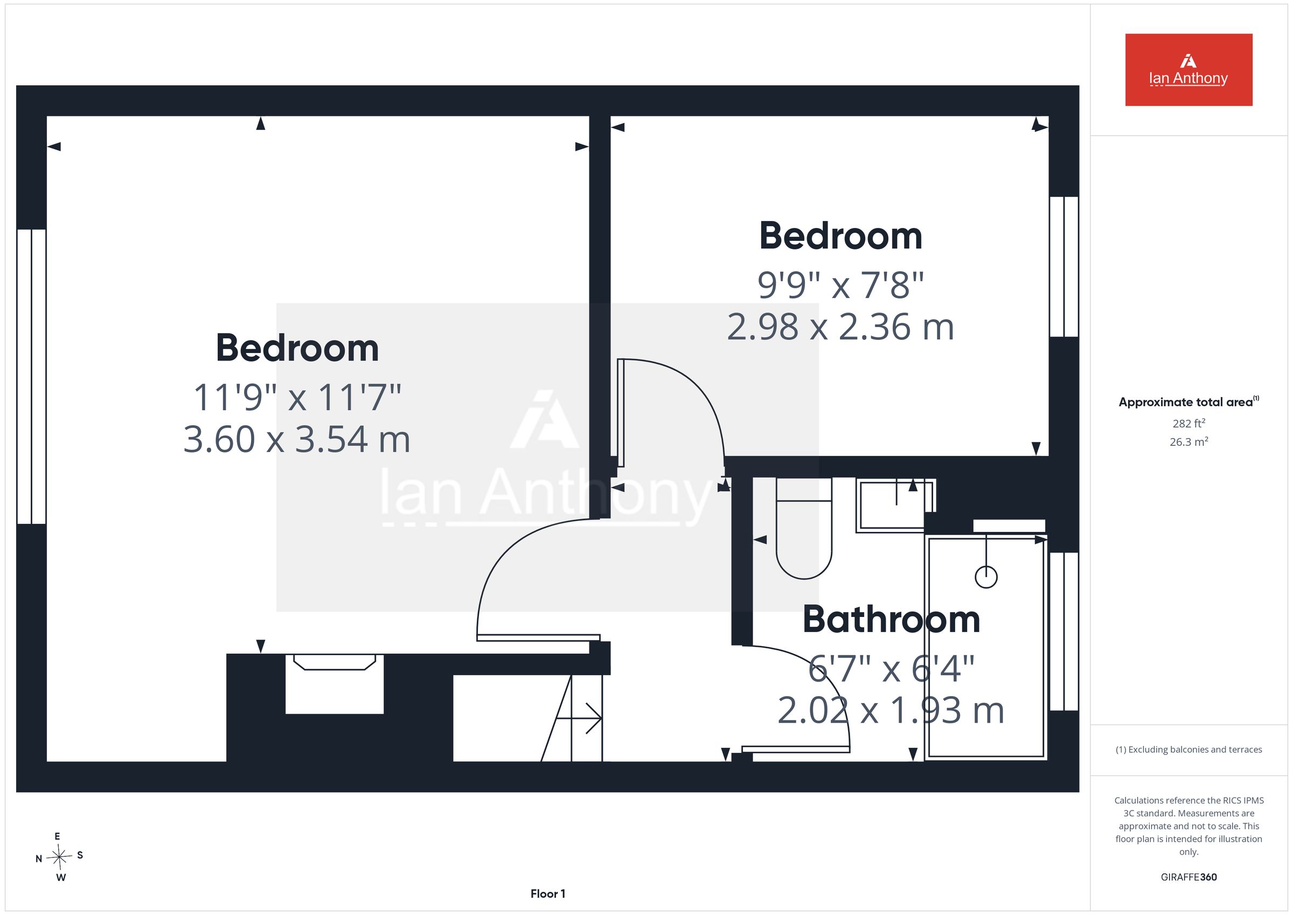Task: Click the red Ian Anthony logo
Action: coord(1188,70)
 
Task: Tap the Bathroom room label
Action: coord(891,620)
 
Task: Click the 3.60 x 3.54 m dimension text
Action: coord(297,440)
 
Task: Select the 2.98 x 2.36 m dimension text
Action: coord(840,327)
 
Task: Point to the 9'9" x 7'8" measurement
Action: coord(841,285)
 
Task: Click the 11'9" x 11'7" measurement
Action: coord(297,397)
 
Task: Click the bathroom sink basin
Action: coord(895,505)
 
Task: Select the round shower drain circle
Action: coord(986,577)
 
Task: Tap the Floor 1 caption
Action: coord(547,894)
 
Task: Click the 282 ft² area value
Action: coord(1189,423)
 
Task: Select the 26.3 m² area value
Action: coord(1189,442)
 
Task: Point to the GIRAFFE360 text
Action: coord(1189,877)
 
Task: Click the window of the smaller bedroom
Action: coord(1064,267)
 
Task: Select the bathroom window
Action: coord(1064,632)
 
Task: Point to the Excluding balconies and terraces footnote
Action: coord(1189,750)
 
